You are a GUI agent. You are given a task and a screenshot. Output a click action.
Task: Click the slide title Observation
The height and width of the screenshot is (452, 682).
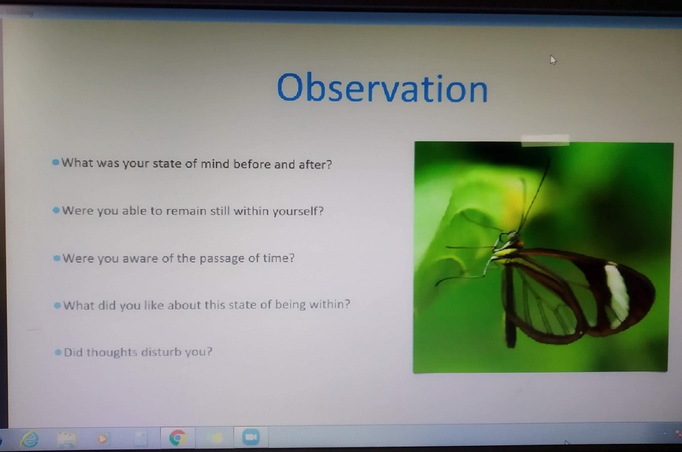click(383, 88)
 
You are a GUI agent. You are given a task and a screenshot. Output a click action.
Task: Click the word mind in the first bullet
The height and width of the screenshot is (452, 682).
click(215, 164)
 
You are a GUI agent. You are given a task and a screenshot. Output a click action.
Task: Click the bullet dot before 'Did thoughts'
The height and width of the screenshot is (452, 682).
click(58, 352)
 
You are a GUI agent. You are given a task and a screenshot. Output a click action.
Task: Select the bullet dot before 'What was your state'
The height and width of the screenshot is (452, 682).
click(55, 163)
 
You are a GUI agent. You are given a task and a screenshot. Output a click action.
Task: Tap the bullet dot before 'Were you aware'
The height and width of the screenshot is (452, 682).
click(57, 258)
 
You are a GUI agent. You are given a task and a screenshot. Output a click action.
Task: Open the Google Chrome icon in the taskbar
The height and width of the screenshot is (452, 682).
click(177, 438)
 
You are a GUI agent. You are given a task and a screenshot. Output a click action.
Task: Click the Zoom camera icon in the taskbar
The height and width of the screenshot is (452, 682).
click(250, 437)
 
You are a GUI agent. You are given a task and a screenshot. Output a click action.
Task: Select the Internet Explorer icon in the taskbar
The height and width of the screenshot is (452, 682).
click(29, 439)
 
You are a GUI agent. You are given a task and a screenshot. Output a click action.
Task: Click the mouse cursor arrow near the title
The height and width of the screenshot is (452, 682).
click(553, 59)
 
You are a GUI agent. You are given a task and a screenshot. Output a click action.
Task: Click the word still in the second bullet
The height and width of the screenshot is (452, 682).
click(220, 211)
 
